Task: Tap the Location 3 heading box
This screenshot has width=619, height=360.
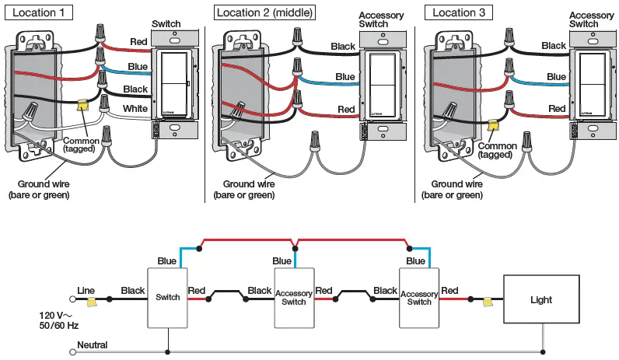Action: click(458, 12)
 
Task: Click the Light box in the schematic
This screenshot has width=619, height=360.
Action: click(540, 299)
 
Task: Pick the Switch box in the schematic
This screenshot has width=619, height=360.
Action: click(168, 297)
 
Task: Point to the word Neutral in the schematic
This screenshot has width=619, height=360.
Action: click(93, 344)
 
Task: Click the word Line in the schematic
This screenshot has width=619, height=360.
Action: click(86, 291)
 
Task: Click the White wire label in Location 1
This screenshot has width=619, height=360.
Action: click(135, 108)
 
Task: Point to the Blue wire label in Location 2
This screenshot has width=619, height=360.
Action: click(345, 76)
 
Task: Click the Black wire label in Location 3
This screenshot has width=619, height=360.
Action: click(554, 46)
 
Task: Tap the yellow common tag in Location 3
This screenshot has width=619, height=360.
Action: click(491, 124)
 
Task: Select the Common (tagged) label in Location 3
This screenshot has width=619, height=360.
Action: click(497, 150)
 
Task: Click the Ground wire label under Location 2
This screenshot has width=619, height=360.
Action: click(249, 190)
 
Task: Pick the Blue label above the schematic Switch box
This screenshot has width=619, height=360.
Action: click(166, 261)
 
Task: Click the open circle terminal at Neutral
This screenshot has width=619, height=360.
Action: click(73, 351)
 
